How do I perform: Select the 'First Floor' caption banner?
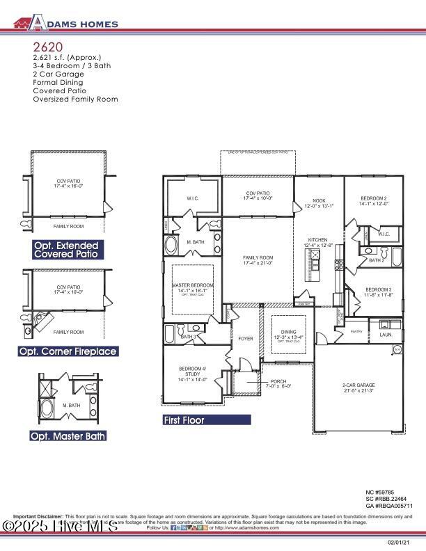206,420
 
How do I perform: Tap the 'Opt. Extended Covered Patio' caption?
68,250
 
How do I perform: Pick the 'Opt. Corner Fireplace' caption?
68,352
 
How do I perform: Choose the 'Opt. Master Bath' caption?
68,436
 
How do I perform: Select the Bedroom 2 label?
373,200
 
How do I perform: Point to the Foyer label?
246,339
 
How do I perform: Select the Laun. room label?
386,335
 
